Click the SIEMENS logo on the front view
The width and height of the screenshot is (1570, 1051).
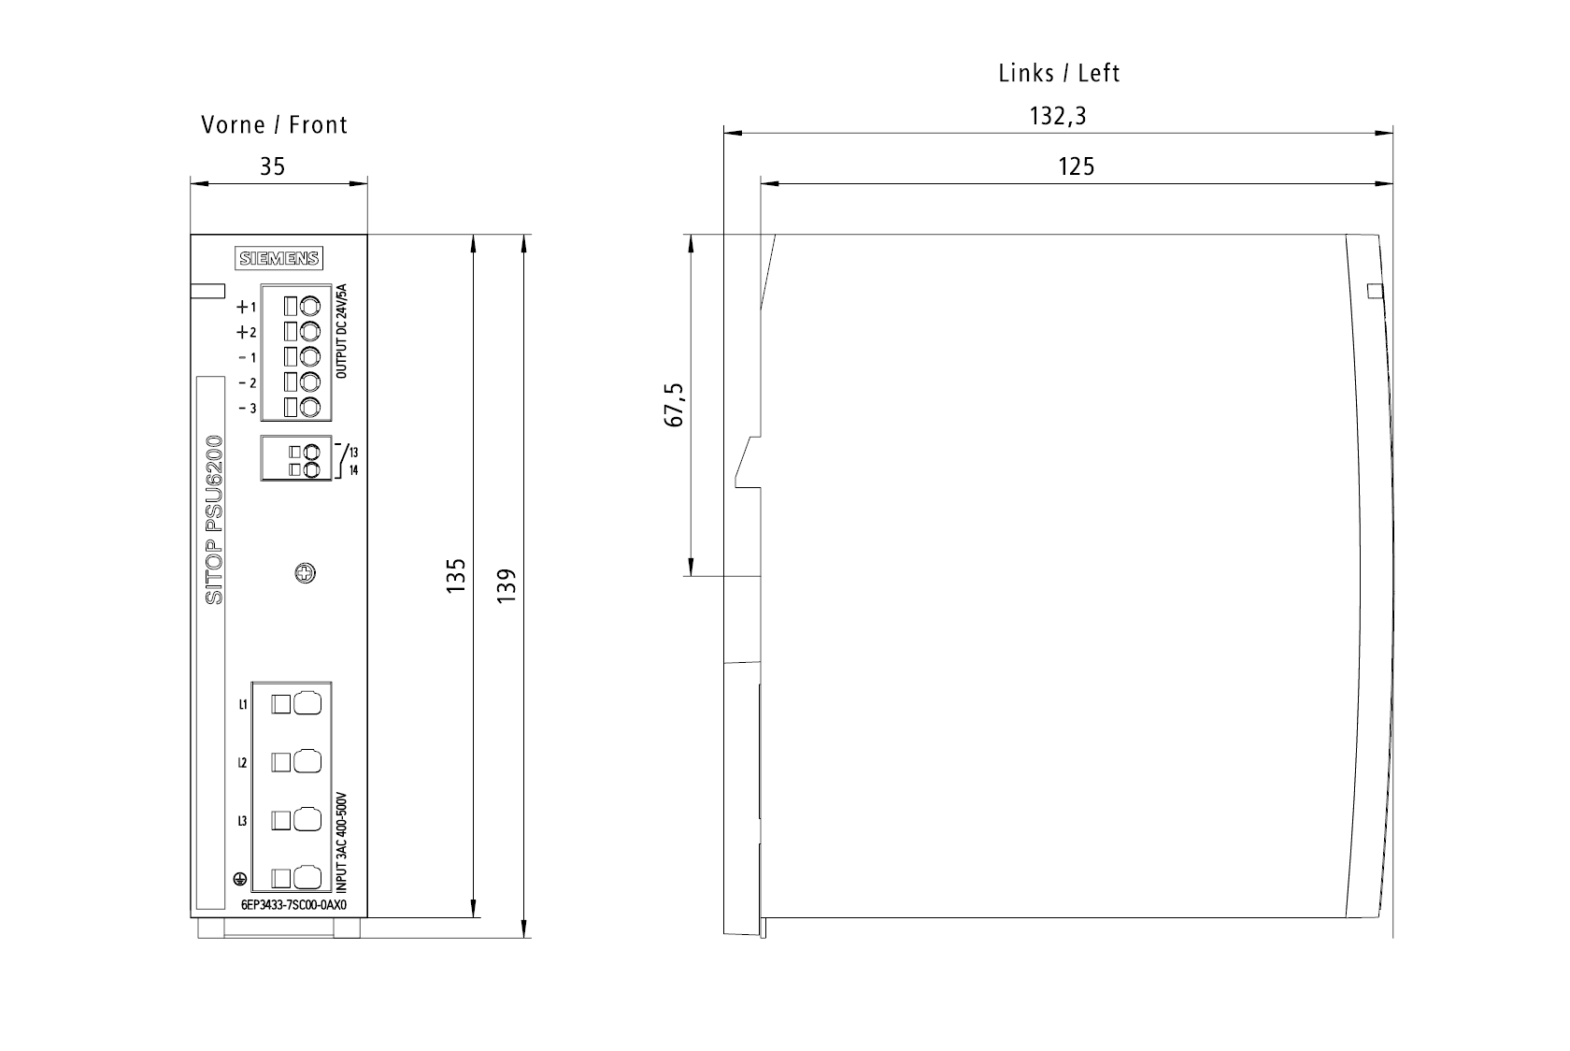(x=278, y=258)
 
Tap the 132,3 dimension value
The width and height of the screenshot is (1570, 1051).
(x=1058, y=116)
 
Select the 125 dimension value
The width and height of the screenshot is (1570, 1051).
(x=1076, y=166)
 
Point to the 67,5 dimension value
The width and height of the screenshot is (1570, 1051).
(x=674, y=405)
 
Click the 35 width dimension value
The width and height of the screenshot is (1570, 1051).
(x=273, y=166)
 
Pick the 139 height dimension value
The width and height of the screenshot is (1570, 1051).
(x=507, y=585)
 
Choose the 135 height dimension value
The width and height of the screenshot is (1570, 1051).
(x=456, y=576)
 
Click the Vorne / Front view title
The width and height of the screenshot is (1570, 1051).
(x=274, y=124)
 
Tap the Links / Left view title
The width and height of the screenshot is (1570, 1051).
(x=1059, y=73)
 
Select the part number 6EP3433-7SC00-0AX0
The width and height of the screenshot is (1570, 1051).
(x=293, y=905)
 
